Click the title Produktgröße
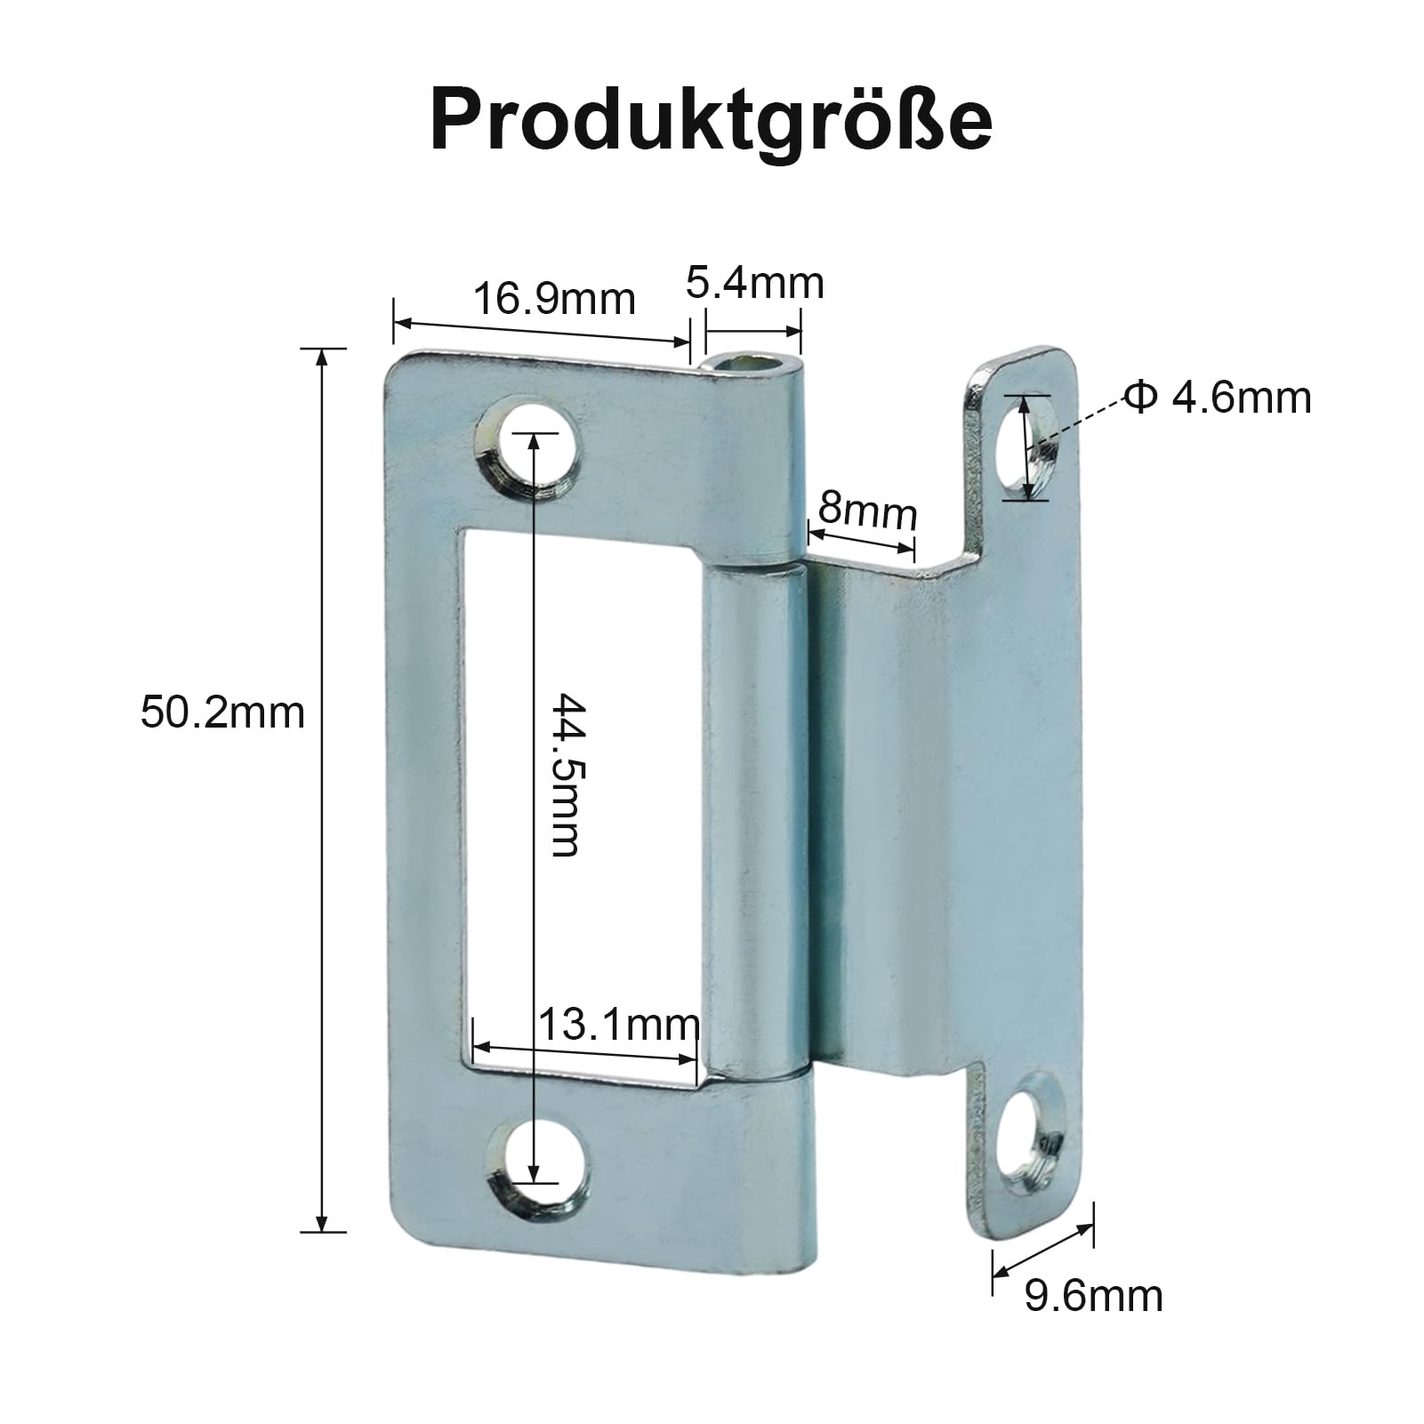point(712,121)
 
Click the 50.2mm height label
point(222,713)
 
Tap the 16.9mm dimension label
point(553,299)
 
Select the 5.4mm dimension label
point(755,284)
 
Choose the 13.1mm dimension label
point(619,1026)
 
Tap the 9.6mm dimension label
point(1093,1296)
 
